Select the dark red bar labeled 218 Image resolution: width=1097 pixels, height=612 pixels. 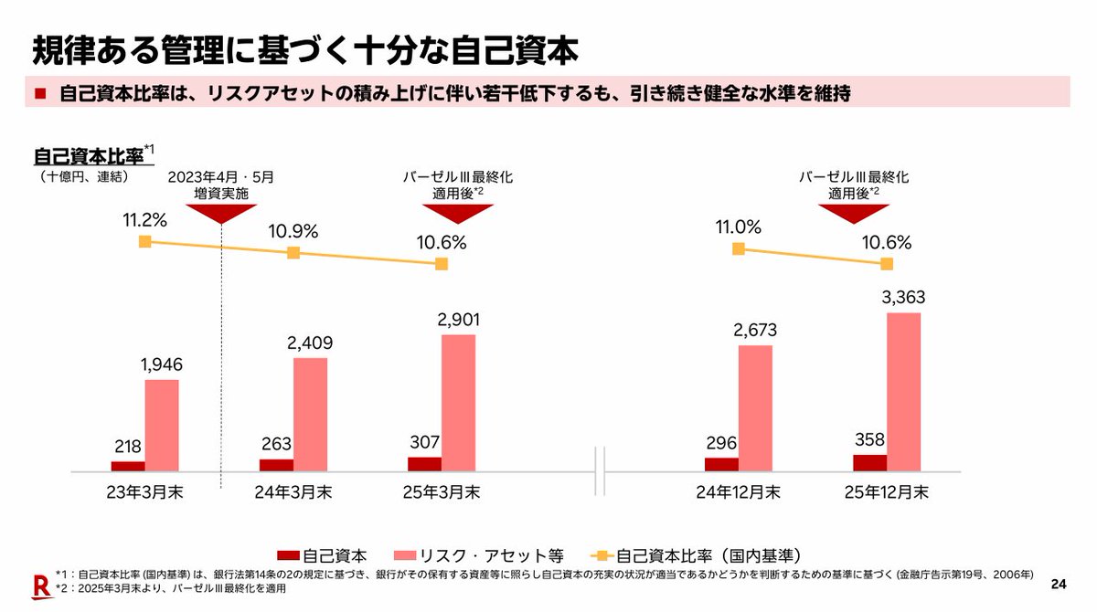pos(128,466)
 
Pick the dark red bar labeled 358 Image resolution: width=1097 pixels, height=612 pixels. pos(869,462)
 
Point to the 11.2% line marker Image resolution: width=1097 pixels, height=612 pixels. pos(144,241)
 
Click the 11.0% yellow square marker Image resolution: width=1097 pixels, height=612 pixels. pos(739,248)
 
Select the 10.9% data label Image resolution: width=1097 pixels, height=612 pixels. pos(293,232)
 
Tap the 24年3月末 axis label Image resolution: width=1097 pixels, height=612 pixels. pos(293,492)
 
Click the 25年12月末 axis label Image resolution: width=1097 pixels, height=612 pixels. pos(886,492)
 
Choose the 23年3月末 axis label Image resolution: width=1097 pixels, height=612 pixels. pos(144,492)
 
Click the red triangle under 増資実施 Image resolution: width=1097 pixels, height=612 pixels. pos(220,212)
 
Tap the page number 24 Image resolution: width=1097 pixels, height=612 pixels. pos(1059,584)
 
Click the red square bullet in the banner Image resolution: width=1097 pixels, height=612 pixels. pos(41,94)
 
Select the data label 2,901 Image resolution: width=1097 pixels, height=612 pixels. pos(458,320)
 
